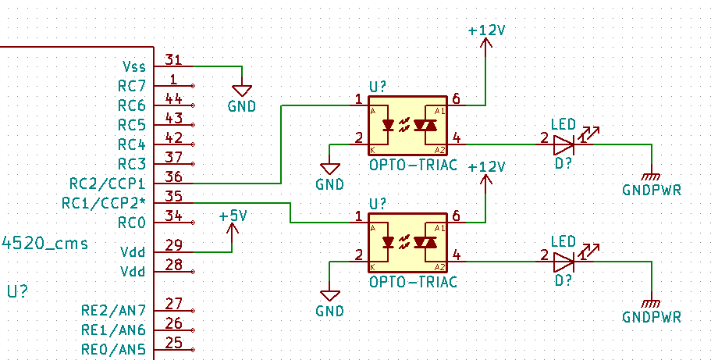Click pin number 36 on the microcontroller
(x=174, y=177)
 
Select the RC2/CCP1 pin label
(x=107, y=184)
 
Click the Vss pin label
(x=133, y=66)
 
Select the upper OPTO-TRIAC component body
(x=407, y=125)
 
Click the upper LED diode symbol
(x=563, y=144)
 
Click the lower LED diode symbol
(x=563, y=262)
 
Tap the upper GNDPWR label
(x=652, y=190)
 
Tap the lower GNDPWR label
(x=652, y=317)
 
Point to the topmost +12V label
(x=486, y=30)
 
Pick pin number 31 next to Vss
(x=173, y=59)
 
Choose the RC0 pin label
(x=131, y=223)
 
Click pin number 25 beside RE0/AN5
(x=173, y=342)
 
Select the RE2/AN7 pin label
(x=113, y=310)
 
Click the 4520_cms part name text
(x=45, y=244)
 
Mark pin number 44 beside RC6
(x=173, y=99)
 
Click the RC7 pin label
(x=131, y=86)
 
